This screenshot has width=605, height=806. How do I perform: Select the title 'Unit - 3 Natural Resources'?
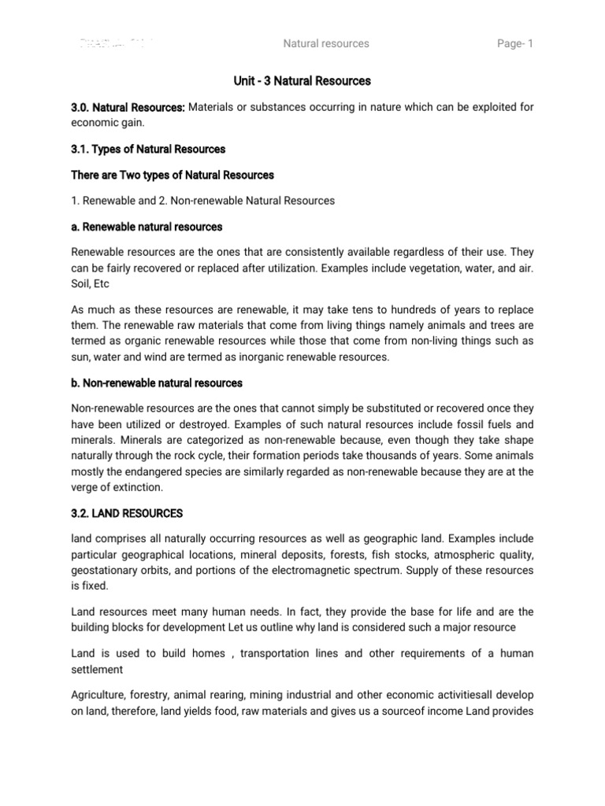pyautogui.click(x=302, y=81)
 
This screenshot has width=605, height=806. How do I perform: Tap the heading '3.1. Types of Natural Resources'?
pyautogui.click(x=148, y=149)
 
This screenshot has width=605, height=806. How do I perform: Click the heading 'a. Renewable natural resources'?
pyautogui.click(x=147, y=227)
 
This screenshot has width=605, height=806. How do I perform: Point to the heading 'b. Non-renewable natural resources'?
pyautogui.click(x=157, y=383)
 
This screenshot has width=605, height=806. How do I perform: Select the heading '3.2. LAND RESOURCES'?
pyautogui.click(x=127, y=513)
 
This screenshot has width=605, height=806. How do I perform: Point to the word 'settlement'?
pyautogui.click(x=98, y=669)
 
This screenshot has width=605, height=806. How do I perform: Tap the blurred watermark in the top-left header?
pyautogui.click(x=117, y=43)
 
